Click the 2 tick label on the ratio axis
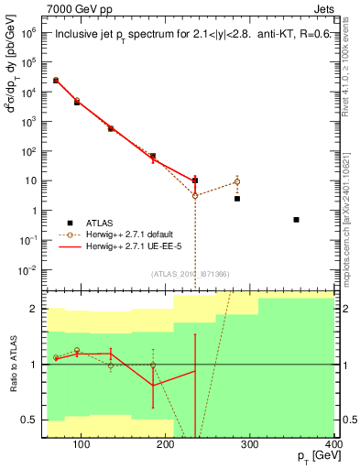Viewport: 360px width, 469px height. click(34, 309)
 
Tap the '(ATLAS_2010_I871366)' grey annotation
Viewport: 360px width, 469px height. click(190, 274)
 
